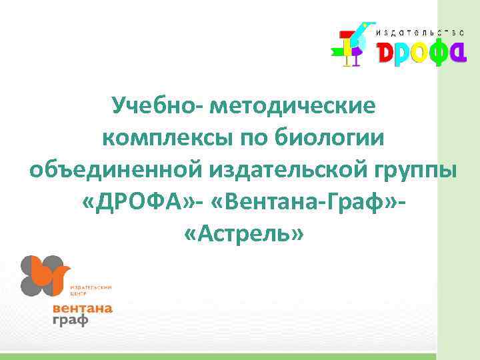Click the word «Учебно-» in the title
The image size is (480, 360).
click(157, 106)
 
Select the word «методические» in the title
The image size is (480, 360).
click(293, 106)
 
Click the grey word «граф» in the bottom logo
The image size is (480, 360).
click(71, 320)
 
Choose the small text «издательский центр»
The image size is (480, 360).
click(90, 289)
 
